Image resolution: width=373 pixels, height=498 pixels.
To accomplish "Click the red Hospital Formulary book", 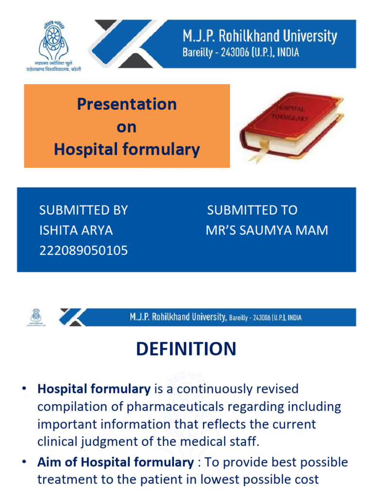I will coord(290,125).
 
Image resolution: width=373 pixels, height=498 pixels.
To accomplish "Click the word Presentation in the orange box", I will coord(127,104).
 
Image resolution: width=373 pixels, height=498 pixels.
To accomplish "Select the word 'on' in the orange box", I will coord(126,127).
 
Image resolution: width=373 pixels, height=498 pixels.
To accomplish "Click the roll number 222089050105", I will coord(84,250).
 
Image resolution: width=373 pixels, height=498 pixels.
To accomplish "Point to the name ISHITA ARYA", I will coord(76,230).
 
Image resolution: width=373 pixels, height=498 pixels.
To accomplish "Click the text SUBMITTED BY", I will coord(84,210).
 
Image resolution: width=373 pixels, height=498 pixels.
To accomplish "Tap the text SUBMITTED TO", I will coord(252,210).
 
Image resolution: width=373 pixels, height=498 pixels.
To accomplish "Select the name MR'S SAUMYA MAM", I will coord(267,230).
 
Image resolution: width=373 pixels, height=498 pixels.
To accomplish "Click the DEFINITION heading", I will coord(186,349).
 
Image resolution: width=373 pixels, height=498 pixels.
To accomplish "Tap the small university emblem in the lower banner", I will coord(36,317).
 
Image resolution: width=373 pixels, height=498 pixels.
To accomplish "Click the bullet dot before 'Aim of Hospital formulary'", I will coord(23,462).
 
